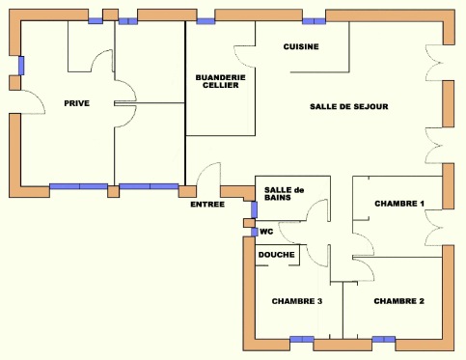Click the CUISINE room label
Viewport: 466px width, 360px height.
pyautogui.click(x=301, y=46)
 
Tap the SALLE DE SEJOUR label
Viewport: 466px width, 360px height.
pyautogui.click(x=349, y=106)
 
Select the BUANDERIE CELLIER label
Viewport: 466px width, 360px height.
pyautogui.click(x=221, y=81)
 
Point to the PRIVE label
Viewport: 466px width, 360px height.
pyautogui.click(x=77, y=103)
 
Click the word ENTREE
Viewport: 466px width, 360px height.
pyautogui.click(x=207, y=205)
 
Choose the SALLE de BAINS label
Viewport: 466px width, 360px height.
pyautogui.click(x=284, y=194)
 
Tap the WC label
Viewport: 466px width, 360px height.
pyautogui.click(x=266, y=232)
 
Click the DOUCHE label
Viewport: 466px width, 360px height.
pyautogui.click(x=277, y=255)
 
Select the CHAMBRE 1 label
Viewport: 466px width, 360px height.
pyautogui.click(x=399, y=204)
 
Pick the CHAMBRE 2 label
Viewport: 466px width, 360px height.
pyautogui.click(x=398, y=301)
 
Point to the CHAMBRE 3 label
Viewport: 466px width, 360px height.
pyautogui.click(x=297, y=301)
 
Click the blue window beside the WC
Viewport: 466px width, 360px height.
pyautogui.click(x=255, y=232)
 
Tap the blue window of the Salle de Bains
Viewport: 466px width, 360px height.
pyautogui.click(x=254, y=209)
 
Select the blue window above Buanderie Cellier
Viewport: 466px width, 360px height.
pyautogui.click(x=206, y=21)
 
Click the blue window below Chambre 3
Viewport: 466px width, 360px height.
pyautogui.click(x=302, y=339)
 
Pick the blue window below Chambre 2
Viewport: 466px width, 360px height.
pyautogui.click(x=384, y=339)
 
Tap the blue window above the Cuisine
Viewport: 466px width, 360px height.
pyautogui.click(x=314, y=21)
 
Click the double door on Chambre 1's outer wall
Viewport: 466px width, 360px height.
pyautogui.click(x=433, y=228)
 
